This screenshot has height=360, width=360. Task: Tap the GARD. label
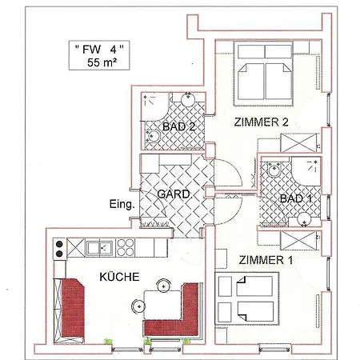coord(173,195)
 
